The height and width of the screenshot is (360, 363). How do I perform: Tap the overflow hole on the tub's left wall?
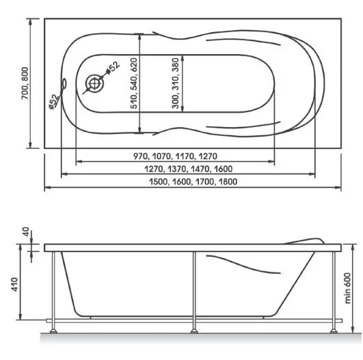(64, 83)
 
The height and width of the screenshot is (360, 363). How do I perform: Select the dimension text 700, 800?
(25, 83)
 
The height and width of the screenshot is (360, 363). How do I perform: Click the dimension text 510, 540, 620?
(134, 83)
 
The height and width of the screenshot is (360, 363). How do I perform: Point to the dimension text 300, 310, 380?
(176, 83)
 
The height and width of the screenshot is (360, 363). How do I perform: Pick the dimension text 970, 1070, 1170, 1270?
(175, 156)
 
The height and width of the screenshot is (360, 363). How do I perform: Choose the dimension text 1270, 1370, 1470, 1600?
(188, 169)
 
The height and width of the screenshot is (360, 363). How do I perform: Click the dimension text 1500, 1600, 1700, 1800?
(193, 182)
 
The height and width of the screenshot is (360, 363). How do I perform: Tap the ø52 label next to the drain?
(113, 68)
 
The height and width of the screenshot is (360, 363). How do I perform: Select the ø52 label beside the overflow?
(54, 101)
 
